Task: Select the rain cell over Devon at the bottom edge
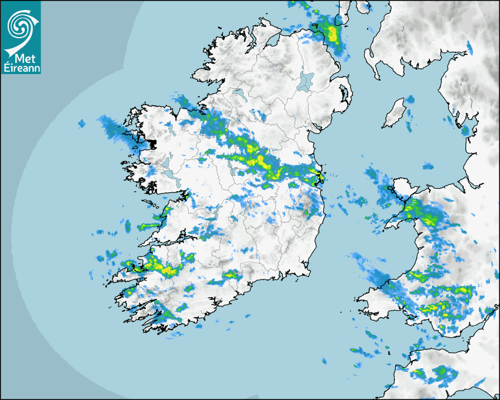[438, 373]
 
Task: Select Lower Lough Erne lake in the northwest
[238, 94]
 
